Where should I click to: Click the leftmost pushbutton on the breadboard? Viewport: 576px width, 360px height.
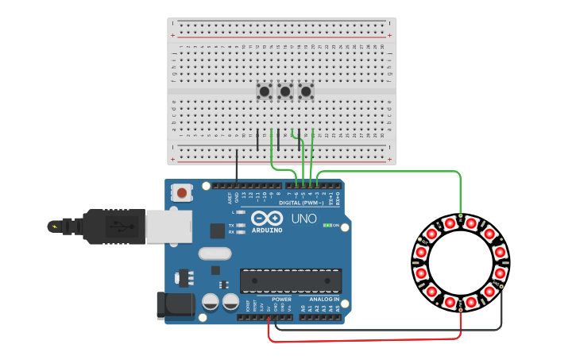[265, 91]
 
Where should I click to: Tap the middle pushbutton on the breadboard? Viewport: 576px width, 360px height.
[285, 91]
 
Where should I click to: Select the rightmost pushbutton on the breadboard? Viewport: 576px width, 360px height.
[306, 91]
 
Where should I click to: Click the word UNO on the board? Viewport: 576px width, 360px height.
[303, 219]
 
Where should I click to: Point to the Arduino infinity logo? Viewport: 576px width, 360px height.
[267, 218]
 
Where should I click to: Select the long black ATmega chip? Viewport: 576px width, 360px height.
[291, 280]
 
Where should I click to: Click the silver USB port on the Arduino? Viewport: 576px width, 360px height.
[168, 226]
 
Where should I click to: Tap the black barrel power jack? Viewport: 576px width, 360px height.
[176, 305]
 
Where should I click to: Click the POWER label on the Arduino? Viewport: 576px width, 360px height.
[281, 300]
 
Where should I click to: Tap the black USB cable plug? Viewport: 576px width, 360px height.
[111, 226]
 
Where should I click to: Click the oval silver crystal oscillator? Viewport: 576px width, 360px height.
[213, 254]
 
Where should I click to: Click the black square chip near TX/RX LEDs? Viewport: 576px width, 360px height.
[217, 230]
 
